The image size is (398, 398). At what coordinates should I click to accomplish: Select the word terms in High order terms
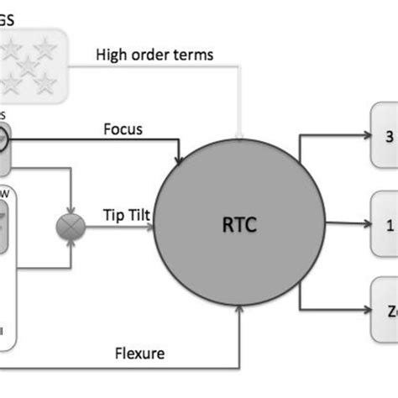(x=192, y=56)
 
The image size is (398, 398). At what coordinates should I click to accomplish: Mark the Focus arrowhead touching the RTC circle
(x=179, y=160)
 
